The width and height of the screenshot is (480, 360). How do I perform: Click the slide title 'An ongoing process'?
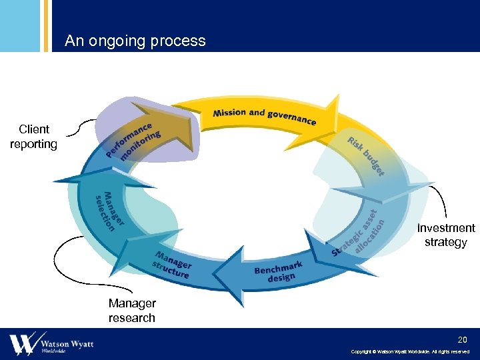coord(135,41)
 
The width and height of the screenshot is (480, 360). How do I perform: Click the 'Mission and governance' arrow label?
coord(264,116)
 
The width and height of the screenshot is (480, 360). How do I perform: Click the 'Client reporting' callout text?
coord(33,137)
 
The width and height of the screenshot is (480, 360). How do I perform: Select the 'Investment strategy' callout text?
coord(445,235)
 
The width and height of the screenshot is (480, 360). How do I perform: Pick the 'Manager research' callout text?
coord(131,311)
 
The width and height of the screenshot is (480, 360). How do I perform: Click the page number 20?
coord(463,339)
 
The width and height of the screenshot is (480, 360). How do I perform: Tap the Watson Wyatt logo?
coord(51,344)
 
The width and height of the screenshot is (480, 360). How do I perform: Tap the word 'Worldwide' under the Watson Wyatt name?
coord(53,351)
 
